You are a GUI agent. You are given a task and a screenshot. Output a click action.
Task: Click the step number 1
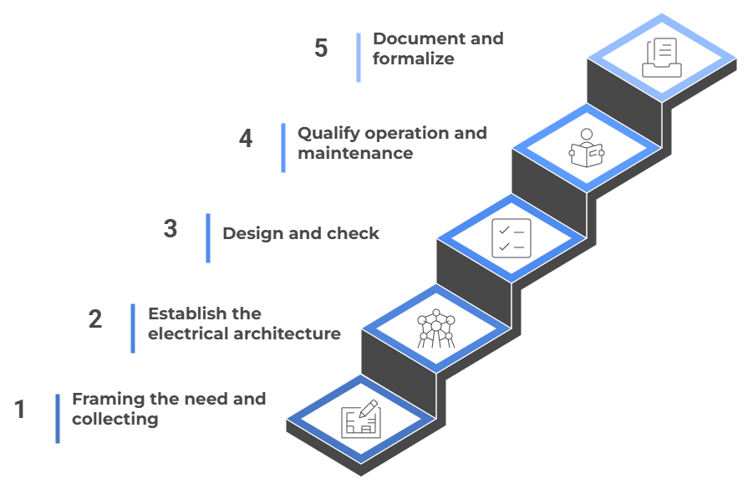tap(20, 410)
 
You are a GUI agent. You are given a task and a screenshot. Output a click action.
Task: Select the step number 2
tap(95, 318)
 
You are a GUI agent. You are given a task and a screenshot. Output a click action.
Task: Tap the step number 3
tap(170, 228)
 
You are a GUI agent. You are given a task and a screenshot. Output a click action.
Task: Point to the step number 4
tap(246, 138)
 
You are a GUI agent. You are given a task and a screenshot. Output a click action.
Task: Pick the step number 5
tap(321, 48)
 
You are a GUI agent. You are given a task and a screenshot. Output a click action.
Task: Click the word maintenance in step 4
tap(355, 153)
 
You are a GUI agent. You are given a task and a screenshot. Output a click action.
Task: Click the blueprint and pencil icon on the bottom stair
tap(361, 418)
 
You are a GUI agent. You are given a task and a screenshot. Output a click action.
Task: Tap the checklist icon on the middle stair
tap(511, 237)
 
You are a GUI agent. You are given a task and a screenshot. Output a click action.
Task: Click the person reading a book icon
tap(586, 148)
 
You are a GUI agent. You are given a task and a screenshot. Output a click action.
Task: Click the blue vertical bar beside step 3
tap(208, 237)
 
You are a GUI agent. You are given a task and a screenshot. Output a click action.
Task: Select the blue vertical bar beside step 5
tap(359, 57)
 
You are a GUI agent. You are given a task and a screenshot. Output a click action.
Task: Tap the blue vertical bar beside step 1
tap(58, 418)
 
